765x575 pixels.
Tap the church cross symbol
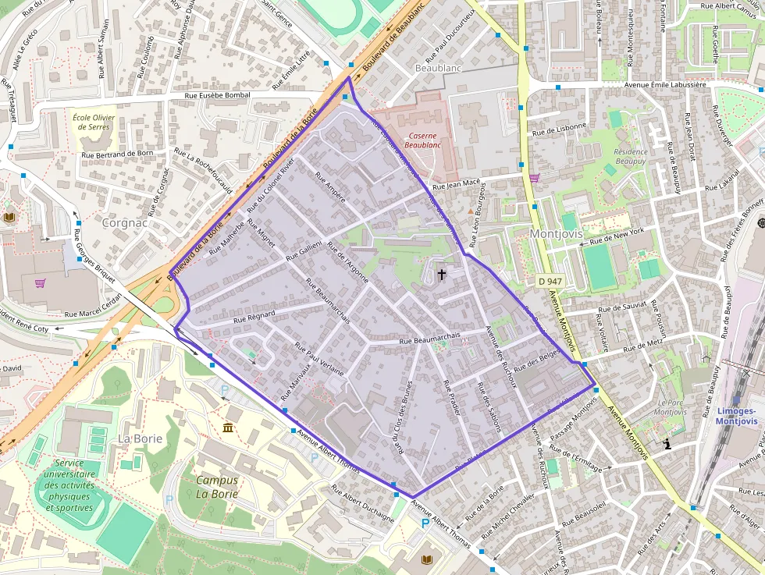tap(442, 274)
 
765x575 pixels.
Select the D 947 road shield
tap(550, 280)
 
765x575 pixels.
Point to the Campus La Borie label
tap(217, 487)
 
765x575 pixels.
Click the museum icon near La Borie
tap(228, 428)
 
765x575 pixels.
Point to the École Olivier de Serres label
tap(94, 122)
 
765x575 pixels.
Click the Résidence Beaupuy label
tap(631, 156)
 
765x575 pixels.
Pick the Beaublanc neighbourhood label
tap(439, 69)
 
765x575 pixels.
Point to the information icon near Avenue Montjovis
tap(667, 444)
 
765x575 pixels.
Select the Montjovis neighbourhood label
tap(556, 233)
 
